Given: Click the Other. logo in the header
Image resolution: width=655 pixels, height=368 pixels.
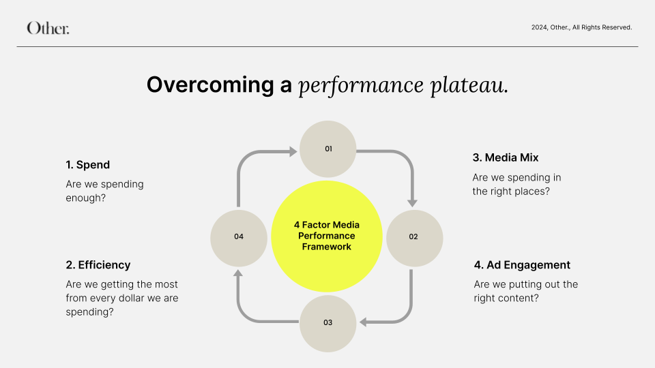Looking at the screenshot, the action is click(48, 28).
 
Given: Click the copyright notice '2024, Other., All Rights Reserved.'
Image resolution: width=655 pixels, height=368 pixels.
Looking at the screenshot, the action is click(581, 28).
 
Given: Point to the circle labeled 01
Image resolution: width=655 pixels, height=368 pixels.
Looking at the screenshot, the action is click(328, 149).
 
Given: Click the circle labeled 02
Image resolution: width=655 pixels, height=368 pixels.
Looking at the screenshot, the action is click(414, 236).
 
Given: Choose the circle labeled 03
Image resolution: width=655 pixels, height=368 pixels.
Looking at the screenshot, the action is click(328, 322).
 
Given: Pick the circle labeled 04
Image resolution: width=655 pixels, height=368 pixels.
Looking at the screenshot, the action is click(239, 236).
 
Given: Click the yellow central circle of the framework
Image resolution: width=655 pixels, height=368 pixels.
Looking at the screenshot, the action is click(327, 235).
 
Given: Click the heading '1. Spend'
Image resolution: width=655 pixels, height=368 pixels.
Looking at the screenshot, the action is click(88, 165).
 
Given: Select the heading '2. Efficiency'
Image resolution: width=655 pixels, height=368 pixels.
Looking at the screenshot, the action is click(98, 265).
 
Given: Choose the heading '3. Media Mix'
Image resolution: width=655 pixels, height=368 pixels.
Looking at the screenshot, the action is click(506, 157).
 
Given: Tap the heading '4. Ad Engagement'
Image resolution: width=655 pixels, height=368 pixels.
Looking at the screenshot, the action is click(522, 265).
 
